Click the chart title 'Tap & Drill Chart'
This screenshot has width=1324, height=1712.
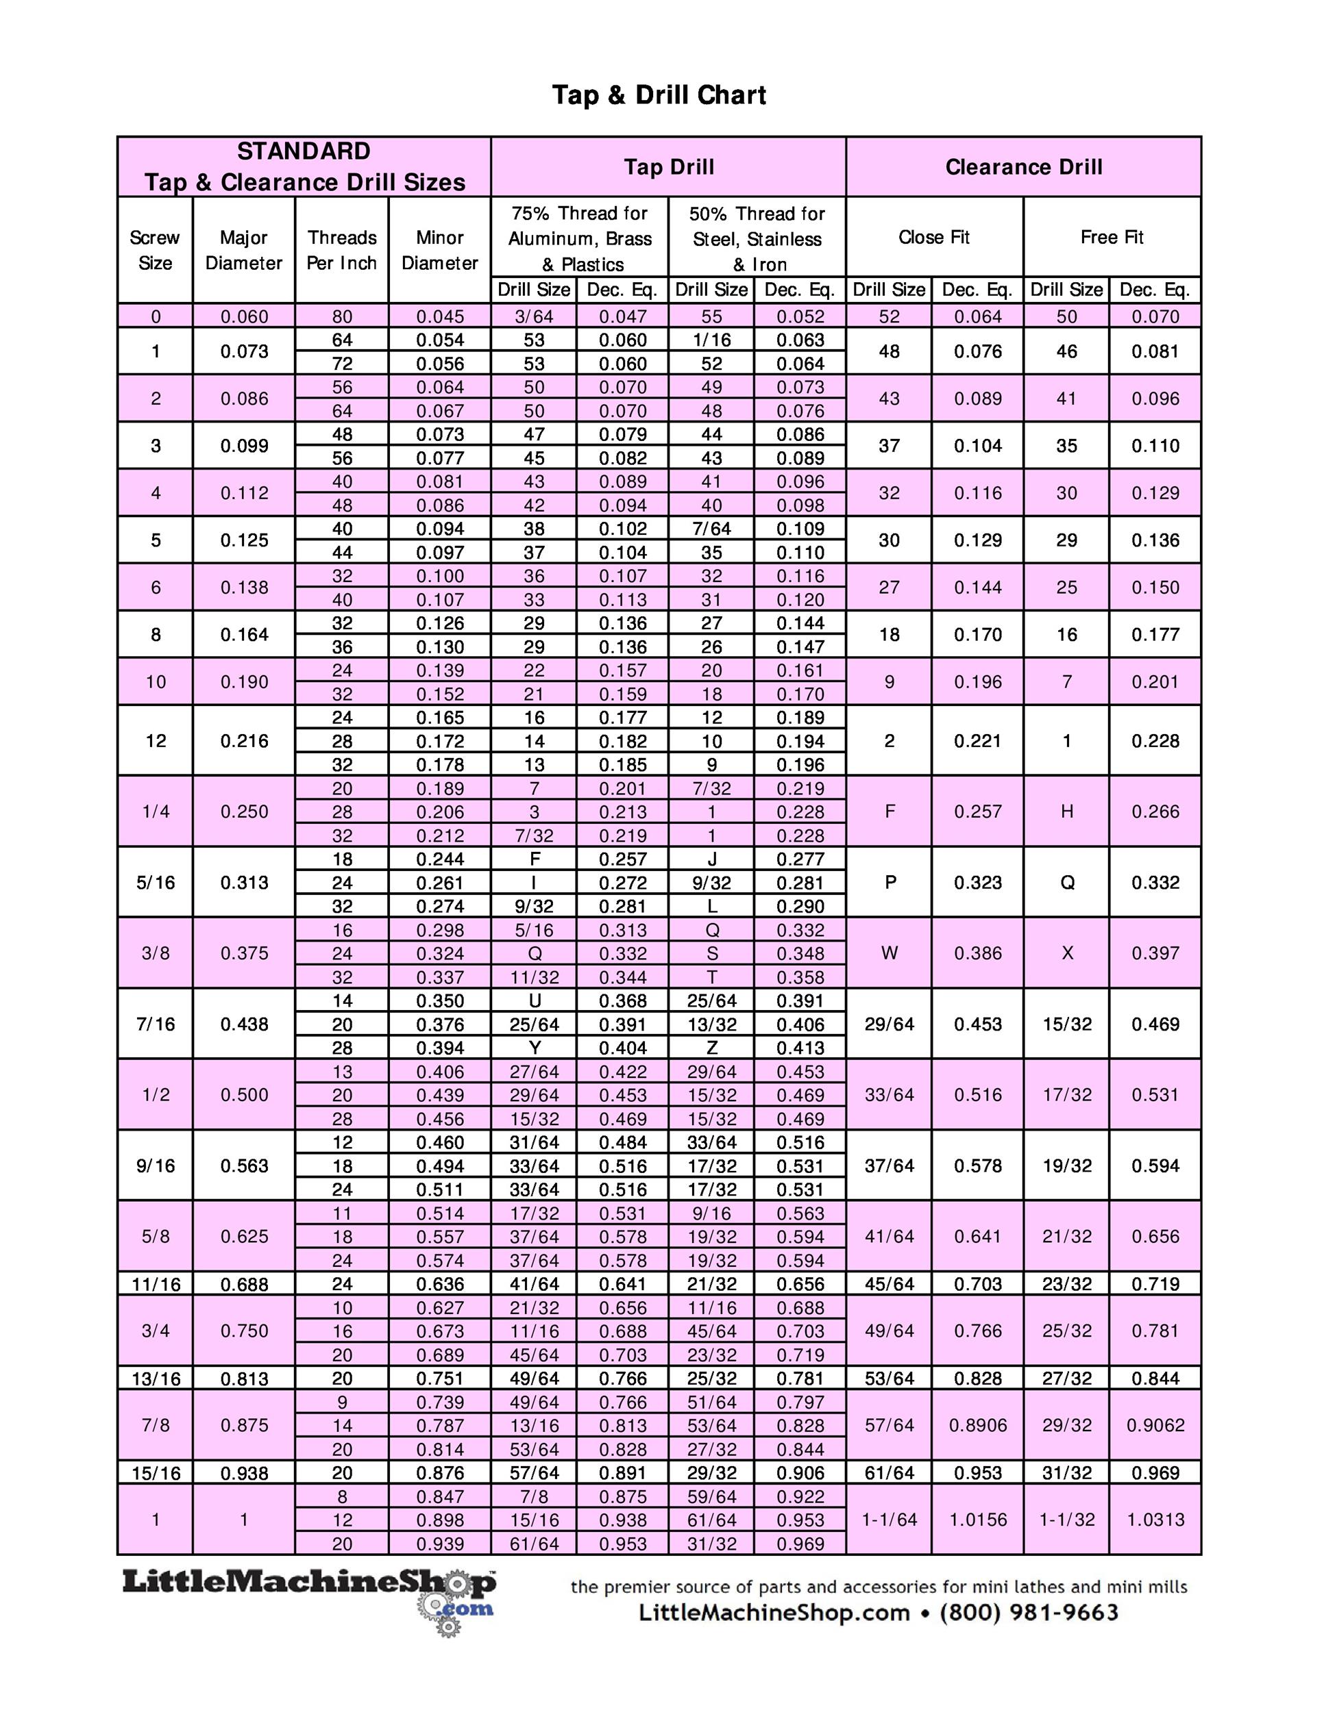pos(659,95)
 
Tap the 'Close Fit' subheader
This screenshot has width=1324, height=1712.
pos(933,238)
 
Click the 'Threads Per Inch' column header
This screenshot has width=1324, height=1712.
pos(341,250)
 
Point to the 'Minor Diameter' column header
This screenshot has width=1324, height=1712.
pos(439,250)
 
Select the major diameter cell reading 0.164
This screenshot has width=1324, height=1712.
pos(244,634)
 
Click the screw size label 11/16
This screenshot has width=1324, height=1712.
pos(156,1284)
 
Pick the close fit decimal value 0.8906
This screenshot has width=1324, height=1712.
pos(977,1425)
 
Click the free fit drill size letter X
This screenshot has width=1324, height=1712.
pos(1067,953)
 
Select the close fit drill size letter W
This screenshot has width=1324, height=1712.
pos(889,953)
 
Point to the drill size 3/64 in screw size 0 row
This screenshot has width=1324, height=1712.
pos(533,316)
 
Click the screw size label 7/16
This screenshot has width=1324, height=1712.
pos(156,1024)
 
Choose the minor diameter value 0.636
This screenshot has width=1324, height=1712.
pos(439,1284)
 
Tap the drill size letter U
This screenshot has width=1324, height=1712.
pos(533,1001)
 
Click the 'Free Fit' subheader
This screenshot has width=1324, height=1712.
pos(1112,238)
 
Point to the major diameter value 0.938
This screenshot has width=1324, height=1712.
pos(244,1473)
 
